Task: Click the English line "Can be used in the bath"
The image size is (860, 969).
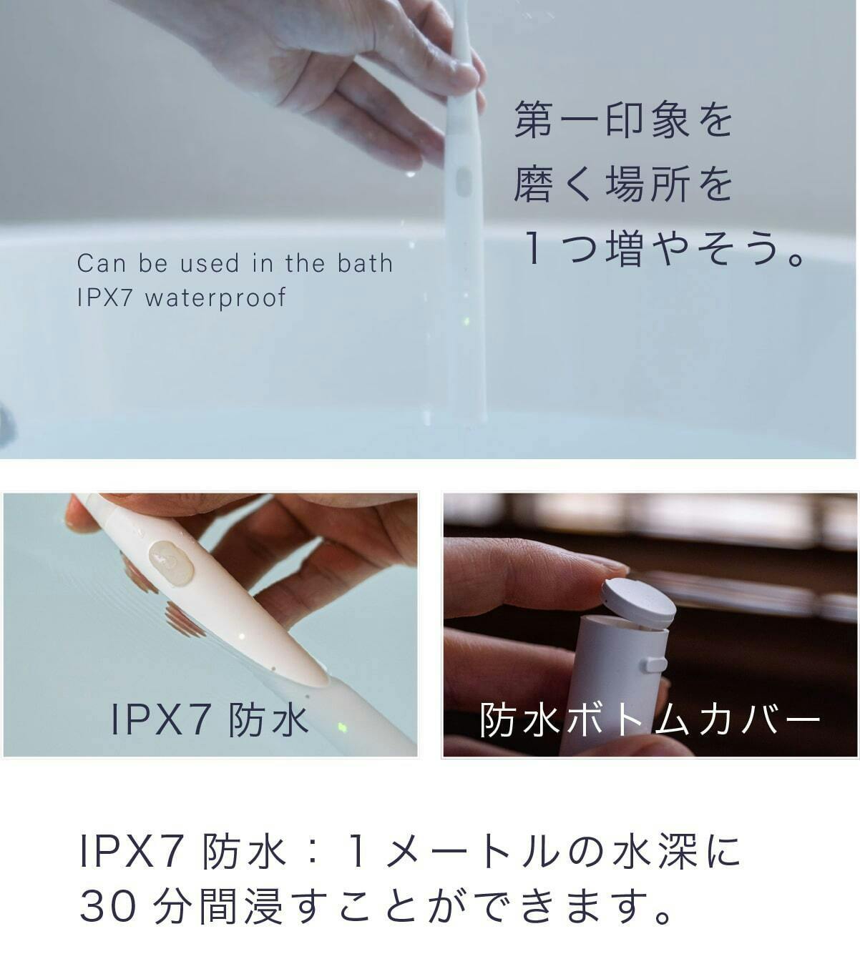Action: point(235,263)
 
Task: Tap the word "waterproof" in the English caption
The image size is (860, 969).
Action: point(215,298)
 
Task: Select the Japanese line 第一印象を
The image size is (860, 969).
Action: point(623,119)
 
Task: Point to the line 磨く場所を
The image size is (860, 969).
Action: point(623,184)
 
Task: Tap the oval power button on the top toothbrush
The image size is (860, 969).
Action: point(463,182)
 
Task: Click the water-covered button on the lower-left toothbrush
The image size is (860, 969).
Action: point(171,564)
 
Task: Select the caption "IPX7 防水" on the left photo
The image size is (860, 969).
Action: point(210,720)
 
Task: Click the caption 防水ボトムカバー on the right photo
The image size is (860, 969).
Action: point(650,719)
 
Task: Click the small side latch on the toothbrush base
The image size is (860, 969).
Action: point(655,664)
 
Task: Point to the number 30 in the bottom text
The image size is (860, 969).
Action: point(108,906)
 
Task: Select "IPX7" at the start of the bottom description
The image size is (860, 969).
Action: point(131,851)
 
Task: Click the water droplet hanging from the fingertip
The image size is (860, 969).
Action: point(410,174)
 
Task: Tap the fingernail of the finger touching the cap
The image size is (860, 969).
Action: point(610,569)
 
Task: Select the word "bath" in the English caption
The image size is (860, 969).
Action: point(365,263)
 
